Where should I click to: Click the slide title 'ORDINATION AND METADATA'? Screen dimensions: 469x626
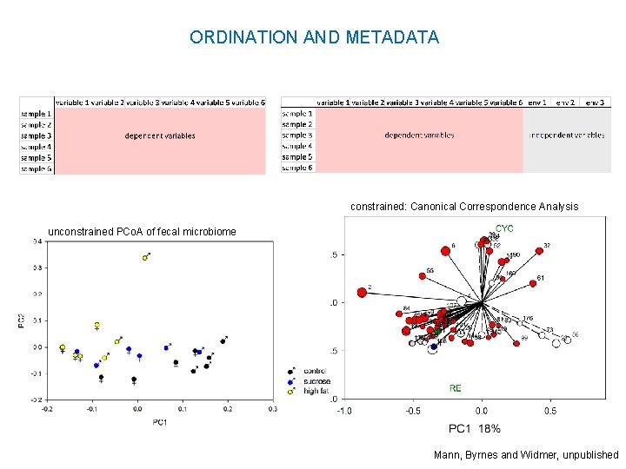coord(314,37)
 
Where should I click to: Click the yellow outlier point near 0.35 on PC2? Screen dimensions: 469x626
coord(145,258)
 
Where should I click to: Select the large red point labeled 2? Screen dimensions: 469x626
coord(362,293)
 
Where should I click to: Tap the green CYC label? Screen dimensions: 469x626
coord(504,228)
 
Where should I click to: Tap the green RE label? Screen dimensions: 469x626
coord(456,388)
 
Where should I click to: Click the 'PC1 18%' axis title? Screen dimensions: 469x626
coord(474,428)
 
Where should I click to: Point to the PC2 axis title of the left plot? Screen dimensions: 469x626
coord(23,321)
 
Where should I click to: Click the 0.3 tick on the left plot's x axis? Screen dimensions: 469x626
coord(274,407)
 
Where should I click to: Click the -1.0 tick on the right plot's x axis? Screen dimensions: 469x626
coord(345,411)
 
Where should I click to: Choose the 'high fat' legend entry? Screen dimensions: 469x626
coord(315,391)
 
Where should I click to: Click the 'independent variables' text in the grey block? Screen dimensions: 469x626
coord(567,135)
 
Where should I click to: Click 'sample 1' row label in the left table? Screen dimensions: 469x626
coord(36,114)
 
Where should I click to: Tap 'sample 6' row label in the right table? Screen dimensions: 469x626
coord(296,168)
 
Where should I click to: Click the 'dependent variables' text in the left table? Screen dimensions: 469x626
coord(159,135)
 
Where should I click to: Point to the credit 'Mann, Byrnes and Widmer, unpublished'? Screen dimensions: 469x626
coord(526,455)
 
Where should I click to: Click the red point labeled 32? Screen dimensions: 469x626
coord(539,250)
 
